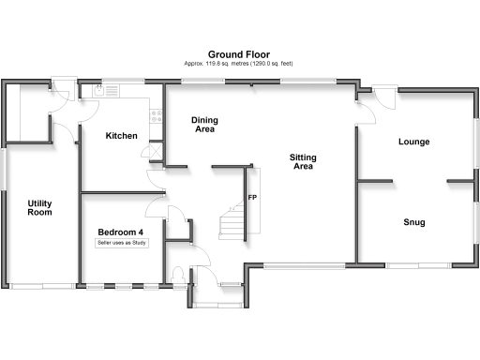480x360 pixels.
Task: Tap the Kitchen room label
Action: tap(122, 136)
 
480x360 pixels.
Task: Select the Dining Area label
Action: tap(205, 126)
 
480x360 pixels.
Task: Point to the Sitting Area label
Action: tap(302, 161)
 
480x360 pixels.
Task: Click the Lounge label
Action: tap(413, 142)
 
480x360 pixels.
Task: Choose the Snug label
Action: tap(414, 222)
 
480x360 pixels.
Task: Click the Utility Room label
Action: tap(39, 208)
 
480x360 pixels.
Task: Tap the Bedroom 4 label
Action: tap(121, 232)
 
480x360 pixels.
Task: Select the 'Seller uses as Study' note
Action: tap(121, 244)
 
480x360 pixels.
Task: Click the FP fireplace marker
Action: tap(252, 198)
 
